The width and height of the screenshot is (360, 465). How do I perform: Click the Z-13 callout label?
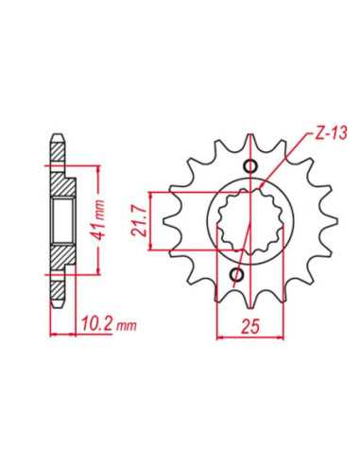[331, 133]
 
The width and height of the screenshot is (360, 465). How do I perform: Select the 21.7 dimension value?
[138, 220]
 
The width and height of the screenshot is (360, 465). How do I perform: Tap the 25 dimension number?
[250, 326]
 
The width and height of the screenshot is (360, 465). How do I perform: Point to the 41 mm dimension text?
[99, 219]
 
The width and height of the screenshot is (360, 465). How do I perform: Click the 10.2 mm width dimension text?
[110, 324]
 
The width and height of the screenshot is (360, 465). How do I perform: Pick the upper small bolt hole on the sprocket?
[251, 166]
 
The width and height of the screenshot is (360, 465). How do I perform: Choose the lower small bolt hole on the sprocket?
[237, 275]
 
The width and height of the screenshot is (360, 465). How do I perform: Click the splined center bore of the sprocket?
[250, 221]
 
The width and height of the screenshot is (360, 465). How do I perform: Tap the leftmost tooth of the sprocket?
[173, 221]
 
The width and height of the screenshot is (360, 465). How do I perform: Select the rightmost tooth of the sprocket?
[329, 221]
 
